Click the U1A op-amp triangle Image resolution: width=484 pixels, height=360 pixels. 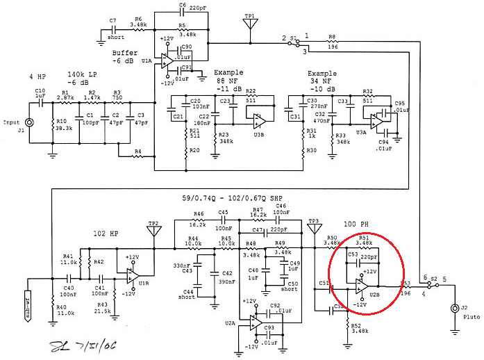tap(167, 60)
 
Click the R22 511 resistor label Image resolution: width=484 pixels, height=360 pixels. tap(251, 96)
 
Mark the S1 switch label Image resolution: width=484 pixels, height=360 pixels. tap(294, 37)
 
